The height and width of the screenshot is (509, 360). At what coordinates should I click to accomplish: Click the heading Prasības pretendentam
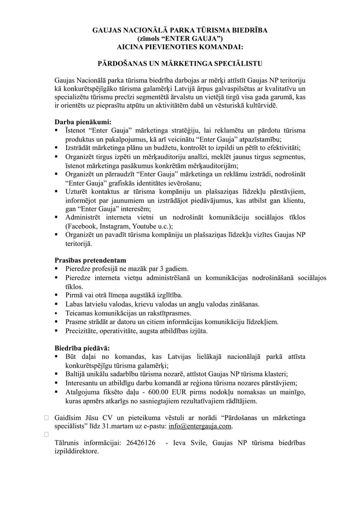pyautogui.click(x=90, y=259)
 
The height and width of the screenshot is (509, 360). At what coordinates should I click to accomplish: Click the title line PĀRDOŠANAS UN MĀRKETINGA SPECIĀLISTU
pyautogui.click(x=180, y=63)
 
